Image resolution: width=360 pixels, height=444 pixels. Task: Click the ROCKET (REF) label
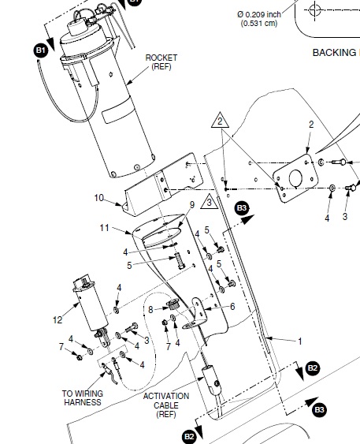161,63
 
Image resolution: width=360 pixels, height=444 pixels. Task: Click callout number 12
56,320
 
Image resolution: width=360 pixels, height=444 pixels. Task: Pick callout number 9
191,205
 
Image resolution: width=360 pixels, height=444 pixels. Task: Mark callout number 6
232,307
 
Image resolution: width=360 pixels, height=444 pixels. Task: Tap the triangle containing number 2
221,122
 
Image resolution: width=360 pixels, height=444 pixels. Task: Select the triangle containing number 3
208,204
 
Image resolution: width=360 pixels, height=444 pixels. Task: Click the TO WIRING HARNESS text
81,397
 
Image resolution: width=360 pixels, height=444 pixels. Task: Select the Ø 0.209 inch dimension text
260,13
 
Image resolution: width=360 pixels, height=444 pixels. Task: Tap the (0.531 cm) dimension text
260,23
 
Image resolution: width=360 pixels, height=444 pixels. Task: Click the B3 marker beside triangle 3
242,207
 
